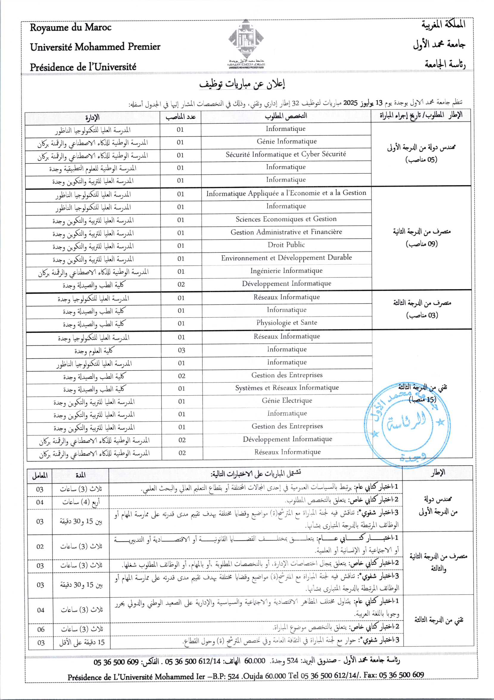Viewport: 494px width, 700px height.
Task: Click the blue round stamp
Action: [x=407, y=422]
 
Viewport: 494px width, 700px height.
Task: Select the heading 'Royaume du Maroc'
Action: [x=71, y=28]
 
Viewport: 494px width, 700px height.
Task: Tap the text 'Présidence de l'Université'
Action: [x=83, y=67]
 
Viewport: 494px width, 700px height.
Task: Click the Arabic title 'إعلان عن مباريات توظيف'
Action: [x=242, y=84]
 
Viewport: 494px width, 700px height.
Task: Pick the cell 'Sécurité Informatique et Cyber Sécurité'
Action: [x=286, y=154]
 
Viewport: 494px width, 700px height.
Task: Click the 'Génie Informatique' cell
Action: [x=286, y=142]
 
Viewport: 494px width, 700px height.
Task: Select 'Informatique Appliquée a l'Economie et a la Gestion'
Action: [x=286, y=193]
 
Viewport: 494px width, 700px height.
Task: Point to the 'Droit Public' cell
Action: [x=286, y=244]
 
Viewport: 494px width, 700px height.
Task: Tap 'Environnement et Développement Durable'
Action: [x=286, y=258]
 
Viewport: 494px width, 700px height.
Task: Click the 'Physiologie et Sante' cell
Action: [x=286, y=323]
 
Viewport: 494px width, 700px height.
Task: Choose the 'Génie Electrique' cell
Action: [x=287, y=400]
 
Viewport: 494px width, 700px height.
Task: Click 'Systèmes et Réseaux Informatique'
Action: [x=287, y=388]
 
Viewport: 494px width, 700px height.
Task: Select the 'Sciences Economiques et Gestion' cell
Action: [x=286, y=219]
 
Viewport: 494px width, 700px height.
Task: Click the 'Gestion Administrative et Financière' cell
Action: [x=286, y=232]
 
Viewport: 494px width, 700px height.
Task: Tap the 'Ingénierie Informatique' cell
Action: [x=286, y=270]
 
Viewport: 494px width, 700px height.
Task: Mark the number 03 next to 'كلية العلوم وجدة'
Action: [x=182, y=350]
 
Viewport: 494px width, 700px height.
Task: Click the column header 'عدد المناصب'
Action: [x=181, y=117]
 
